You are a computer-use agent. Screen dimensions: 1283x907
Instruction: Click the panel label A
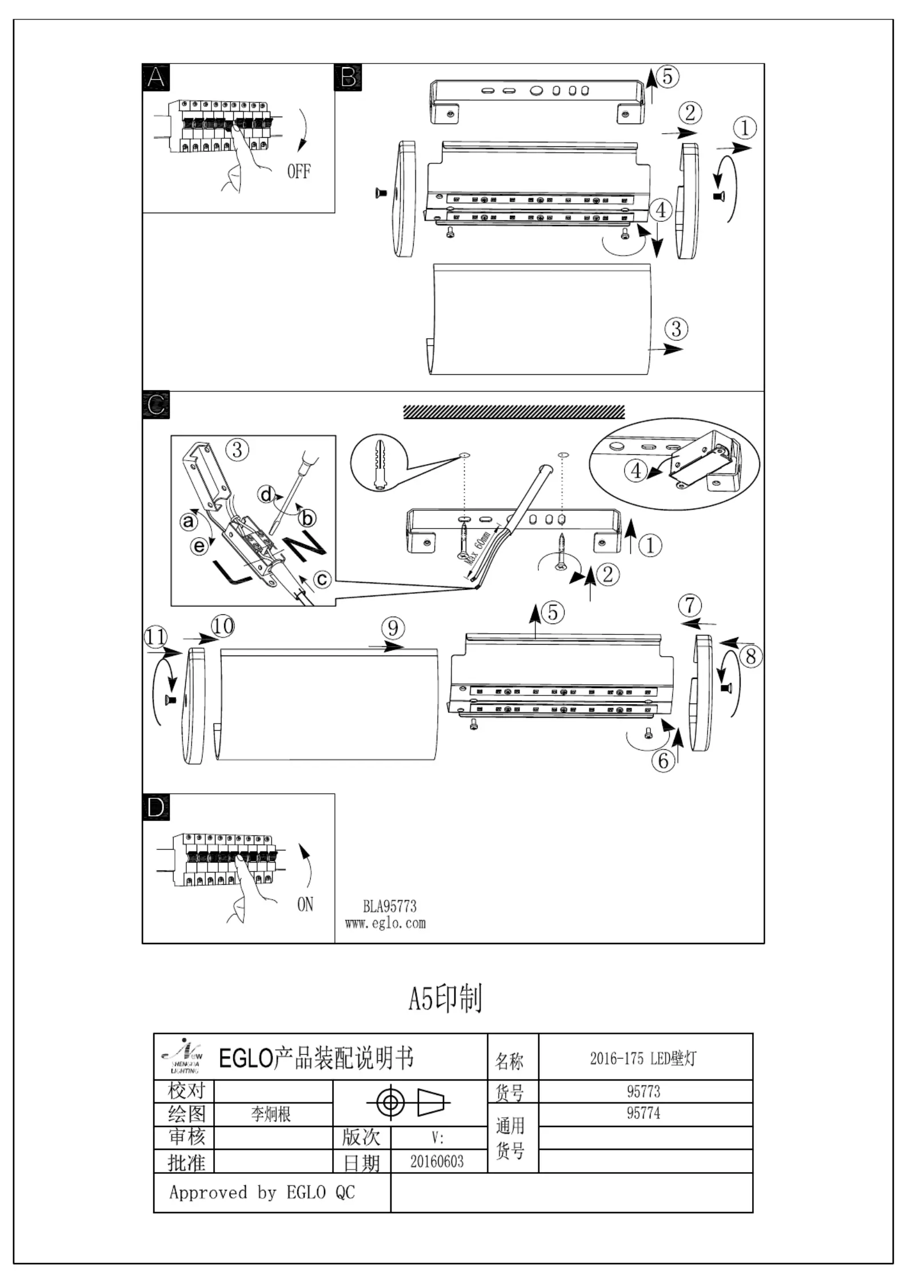click(x=155, y=77)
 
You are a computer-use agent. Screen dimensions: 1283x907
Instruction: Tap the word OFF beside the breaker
click(x=298, y=171)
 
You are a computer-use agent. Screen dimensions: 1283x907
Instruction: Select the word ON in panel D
click(x=305, y=904)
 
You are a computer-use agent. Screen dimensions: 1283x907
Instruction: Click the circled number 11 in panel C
click(x=155, y=637)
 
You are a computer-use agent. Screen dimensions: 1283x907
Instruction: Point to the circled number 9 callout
click(x=393, y=628)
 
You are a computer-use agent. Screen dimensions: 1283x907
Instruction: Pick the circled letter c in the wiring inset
click(x=323, y=579)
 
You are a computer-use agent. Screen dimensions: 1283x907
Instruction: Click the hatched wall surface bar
click(x=514, y=412)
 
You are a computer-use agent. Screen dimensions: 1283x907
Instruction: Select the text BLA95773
click(x=389, y=907)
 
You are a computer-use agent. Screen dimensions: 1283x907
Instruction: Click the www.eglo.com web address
click(x=385, y=924)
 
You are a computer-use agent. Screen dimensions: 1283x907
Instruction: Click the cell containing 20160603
click(x=437, y=1161)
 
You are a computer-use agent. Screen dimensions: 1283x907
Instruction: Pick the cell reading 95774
click(x=644, y=1114)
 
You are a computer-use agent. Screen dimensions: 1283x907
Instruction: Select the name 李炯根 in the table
click(x=271, y=1114)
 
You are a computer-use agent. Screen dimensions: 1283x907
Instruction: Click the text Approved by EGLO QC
click(x=262, y=1192)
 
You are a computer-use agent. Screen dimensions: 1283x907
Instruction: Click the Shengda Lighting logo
click(x=182, y=1056)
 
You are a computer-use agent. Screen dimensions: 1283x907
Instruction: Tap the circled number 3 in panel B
click(x=676, y=329)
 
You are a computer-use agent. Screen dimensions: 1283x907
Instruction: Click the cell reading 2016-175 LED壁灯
click(x=644, y=1058)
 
